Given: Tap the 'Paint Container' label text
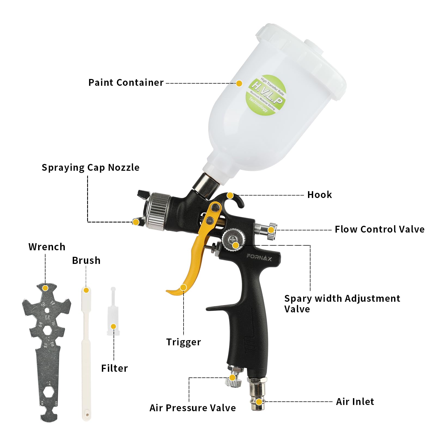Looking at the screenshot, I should coord(126,83).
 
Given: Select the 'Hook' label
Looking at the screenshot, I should coord(319,195).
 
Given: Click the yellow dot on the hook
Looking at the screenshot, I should coord(230,196).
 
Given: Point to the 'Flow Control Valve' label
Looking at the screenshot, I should coord(379,229).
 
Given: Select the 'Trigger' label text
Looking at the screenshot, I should coord(184,342).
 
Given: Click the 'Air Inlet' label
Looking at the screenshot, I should coord(355,402).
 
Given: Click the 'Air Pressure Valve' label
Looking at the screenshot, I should coord(193,408).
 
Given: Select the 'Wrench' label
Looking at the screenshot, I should coord(47,247).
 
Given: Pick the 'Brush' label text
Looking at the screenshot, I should coord(86,261).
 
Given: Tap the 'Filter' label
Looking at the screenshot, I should coord(114,368).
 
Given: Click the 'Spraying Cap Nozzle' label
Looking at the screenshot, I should coord(90,167).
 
